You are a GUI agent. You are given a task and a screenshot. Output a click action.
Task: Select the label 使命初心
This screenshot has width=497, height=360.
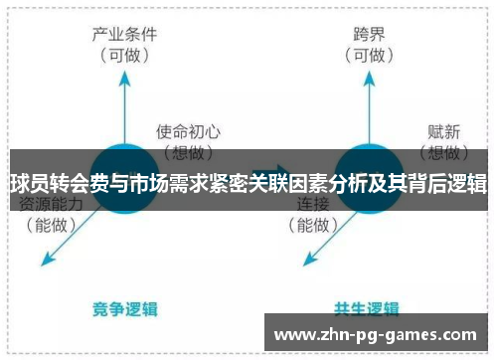[x=188, y=130]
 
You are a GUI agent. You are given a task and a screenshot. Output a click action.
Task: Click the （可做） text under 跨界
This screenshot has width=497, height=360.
[x=367, y=57]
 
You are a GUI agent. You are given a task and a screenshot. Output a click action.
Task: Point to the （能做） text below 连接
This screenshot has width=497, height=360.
[x=316, y=226]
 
